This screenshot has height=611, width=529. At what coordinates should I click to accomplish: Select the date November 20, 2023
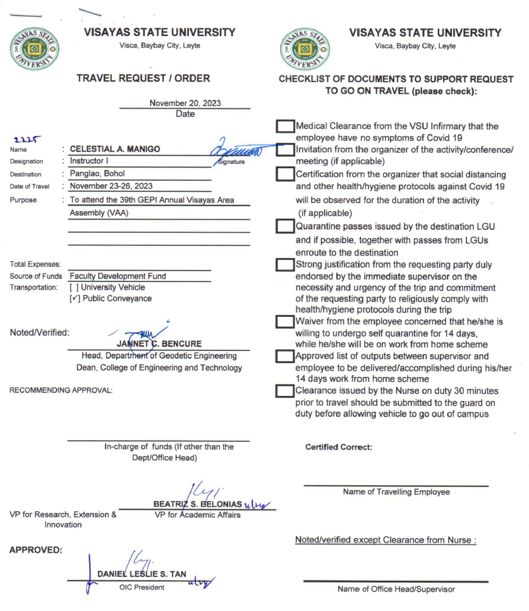pos(185,103)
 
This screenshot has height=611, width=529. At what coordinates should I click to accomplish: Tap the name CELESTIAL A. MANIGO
pos(114,149)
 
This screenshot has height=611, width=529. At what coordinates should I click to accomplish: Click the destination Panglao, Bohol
pos(97,173)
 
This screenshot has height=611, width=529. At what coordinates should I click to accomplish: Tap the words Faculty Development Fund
pos(118,276)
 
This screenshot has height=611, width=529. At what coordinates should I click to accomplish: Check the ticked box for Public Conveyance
pos(75,299)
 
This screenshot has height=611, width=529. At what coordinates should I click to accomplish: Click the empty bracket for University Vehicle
pos(75,287)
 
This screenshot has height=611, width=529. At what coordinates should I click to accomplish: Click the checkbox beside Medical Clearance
pos(286,127)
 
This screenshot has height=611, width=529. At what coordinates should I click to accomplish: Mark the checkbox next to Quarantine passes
pos(286,226)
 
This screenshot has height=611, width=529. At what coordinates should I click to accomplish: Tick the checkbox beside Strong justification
pos(286,265)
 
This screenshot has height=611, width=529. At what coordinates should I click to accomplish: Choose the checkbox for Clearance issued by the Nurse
pos(286,391)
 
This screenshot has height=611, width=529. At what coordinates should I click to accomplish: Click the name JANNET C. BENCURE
pos(159,343)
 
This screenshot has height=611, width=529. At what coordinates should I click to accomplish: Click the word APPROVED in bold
pos(35,550)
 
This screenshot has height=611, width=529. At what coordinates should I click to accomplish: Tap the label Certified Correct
pos(338,447)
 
